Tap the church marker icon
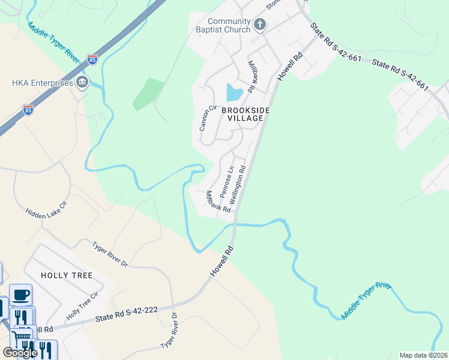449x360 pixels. point(260,25)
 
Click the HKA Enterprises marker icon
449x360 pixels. point(83,83)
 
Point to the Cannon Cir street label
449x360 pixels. point(207,118)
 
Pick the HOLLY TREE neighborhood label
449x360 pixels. point(67,275)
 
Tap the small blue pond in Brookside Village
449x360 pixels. point(234,93)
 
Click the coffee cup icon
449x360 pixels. point(20,295)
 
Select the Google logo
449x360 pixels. point(20,353)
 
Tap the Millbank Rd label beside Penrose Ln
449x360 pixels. point(218,202)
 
